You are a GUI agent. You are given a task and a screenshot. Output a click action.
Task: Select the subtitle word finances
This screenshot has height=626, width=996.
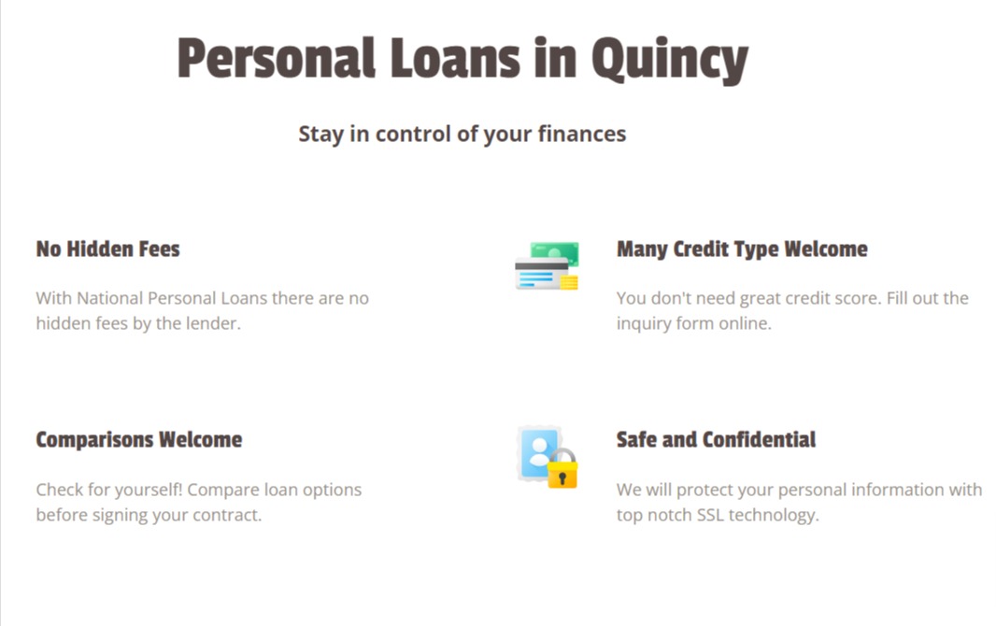tap(581, 134)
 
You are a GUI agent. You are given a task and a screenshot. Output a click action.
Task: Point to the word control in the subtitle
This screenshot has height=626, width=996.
tap(413, 134)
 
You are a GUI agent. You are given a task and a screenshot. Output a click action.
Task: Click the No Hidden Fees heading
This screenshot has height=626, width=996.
tap(107, 249)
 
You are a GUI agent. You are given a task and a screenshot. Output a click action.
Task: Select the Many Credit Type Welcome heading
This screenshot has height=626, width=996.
tap(742, 249)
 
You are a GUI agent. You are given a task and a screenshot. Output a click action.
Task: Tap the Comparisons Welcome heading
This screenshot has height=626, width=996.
tap(138, 440)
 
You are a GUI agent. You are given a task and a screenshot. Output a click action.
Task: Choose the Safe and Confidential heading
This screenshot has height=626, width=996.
tap(716, 440)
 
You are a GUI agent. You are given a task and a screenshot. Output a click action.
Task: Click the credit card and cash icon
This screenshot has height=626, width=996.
tap(547, 266)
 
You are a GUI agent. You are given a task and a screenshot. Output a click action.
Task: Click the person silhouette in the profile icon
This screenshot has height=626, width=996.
tap(537, 453)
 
